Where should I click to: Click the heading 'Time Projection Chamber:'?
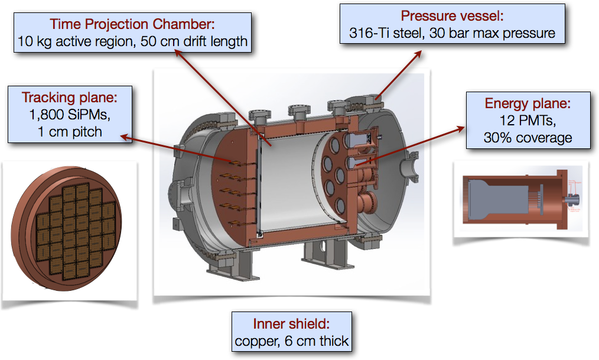coord(132,24)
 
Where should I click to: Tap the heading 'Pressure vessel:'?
coord(452,16)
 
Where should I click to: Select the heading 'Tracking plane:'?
coord(70,97)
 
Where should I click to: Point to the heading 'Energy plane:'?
coord(528,103)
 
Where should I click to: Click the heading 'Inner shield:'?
coord(291,324)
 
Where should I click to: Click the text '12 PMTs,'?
coord(528,121)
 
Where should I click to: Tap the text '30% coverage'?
coord(528,138)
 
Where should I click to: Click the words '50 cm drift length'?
coord(194,41)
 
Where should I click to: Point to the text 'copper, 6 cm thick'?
coord(291,341)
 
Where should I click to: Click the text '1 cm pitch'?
coord(70,132)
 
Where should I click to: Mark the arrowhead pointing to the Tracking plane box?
coord(125,137)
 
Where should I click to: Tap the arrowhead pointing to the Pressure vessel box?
coord(418,54)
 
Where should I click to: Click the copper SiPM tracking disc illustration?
coord(67,228)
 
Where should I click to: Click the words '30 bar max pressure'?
coord(492,33)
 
